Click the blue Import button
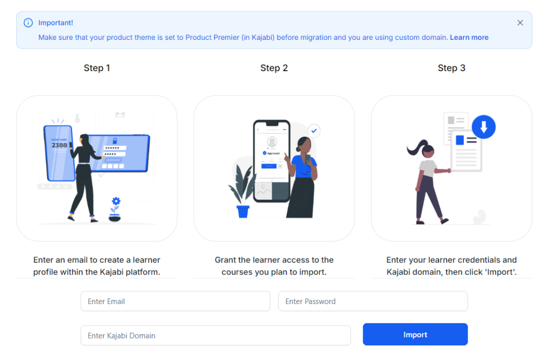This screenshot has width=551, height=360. tap(415, 334)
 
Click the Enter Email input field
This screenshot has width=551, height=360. tap(175, 301)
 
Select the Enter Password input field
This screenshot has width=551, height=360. tap(372, 301)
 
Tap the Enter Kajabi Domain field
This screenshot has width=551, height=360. tap(215, 335)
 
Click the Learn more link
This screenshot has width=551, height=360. tap(469, 38)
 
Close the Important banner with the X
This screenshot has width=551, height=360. tap(520, 23)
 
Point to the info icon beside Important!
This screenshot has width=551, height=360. tap(28, 23)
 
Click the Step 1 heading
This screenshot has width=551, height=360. tap(97, 68)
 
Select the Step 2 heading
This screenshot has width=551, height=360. tap(274, 68)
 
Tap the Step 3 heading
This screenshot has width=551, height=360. tap(451, 68)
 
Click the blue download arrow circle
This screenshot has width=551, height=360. tap(484, 127)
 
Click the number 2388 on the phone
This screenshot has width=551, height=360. tap(59, 145)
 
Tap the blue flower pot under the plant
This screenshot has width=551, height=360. tap(243, 211)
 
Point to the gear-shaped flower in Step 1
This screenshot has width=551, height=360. tap(116, 202)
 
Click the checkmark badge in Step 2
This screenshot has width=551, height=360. tap(314, 130)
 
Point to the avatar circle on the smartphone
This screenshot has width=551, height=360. tap(272, 142)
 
